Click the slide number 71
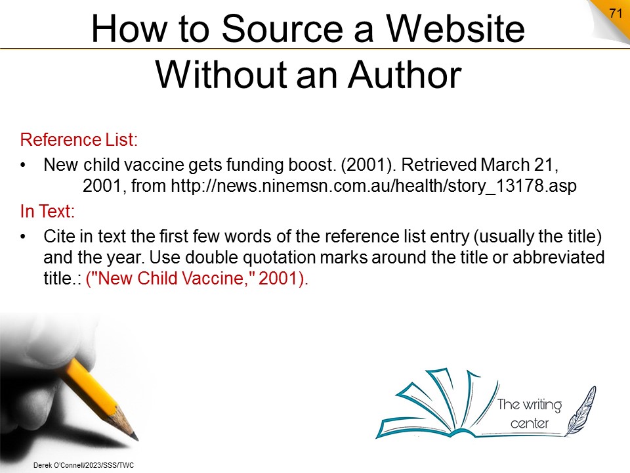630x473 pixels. tap(616, 13)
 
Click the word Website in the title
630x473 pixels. tap(455, 28)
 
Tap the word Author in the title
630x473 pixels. tap(405, 75)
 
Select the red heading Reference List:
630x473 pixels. tap(79, 139)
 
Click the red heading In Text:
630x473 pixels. tap(47, 211)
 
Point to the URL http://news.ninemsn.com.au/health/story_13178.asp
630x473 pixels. tap(373, 186)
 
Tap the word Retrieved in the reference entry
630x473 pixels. tap(438, 164)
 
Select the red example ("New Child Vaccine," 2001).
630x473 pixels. tap(197, 279)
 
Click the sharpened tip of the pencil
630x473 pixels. tap(136, 438)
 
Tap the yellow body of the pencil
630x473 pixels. tap(91, 386)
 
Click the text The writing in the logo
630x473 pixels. tap(529, 405)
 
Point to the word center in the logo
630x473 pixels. tap(529, 424)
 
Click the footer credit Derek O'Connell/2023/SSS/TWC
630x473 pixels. tap(83, 465)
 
